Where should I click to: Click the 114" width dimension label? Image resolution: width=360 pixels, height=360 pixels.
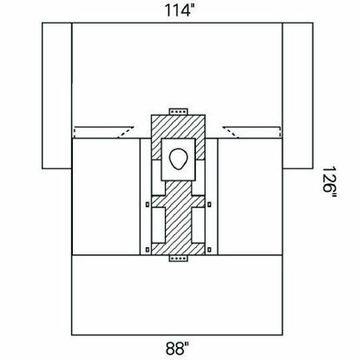(x=179, y=10)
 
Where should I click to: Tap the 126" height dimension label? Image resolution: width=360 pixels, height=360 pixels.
(x=329, y=182)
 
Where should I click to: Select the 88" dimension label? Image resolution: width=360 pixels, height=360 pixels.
(x=178, y=348)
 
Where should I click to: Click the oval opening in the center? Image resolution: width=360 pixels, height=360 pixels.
(x=179, y=159)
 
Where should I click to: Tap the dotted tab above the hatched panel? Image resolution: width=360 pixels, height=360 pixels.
(x=179, y=112)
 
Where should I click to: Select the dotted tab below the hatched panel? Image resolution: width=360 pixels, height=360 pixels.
(x=179, y=259)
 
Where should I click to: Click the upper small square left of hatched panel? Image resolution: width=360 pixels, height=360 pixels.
(x=147, y=205)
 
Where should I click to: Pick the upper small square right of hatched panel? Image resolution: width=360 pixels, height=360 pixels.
(x=209, y=205)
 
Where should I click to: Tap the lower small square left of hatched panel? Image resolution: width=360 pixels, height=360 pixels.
(x=147, y=249)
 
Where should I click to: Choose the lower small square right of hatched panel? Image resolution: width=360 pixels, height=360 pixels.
(x=209, y=249)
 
